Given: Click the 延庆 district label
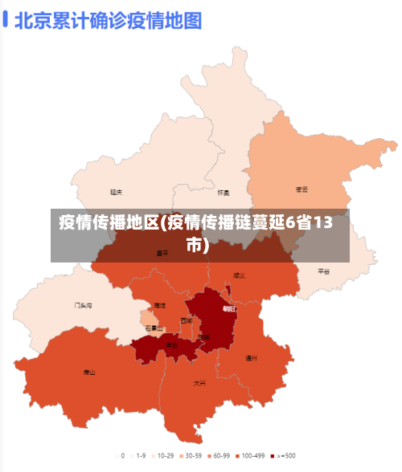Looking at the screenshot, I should tap(117, 192).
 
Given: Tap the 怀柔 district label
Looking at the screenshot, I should tap(224, 193).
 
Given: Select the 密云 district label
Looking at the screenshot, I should tap(302, 189).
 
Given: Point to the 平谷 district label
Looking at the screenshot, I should tap(324, 271).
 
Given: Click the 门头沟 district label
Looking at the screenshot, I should tap(83, 305).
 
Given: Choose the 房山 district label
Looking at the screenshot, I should tap(88, 372).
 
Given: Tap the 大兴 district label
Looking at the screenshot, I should tap(199, 383).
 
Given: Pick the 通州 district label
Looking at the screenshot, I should tap(252, 358).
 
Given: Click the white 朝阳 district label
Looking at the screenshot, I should tap(229, 309).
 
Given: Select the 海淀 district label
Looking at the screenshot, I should tap(160, 305).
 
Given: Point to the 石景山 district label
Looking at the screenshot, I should tap(154, 328).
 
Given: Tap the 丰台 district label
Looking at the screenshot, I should tap(172, 345).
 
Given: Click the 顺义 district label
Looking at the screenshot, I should tap(239, 275).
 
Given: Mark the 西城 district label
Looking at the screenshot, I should tap(187, 320).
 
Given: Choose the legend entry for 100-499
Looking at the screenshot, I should tap(250, 455).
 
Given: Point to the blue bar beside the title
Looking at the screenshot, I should tap(6, 20).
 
